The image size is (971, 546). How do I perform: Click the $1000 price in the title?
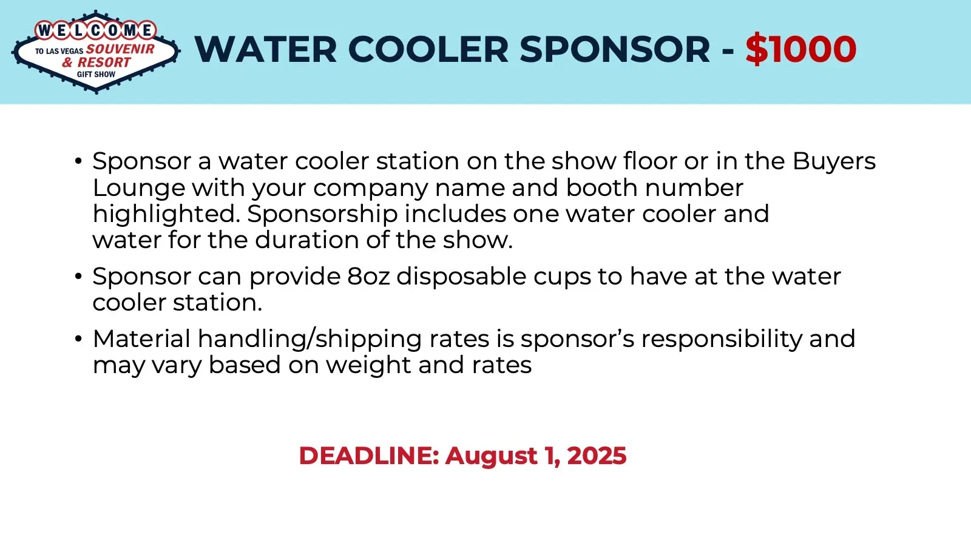[x=800, y=49]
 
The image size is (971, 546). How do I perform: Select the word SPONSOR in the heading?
[x=615, y=49]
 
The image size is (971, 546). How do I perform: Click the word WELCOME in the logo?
[x=95, y=30]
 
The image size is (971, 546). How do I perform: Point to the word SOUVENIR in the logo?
[x=120, y=49]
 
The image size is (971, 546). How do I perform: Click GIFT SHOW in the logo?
[x=96, y=75]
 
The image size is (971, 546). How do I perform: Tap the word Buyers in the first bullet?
[x=834, y=161]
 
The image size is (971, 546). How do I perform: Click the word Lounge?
[x=139, y=189]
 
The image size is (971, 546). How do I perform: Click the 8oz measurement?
[x=368, y=277]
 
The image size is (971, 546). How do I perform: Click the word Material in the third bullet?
[x=141, y=339]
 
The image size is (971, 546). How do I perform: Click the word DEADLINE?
[x=369, y=456]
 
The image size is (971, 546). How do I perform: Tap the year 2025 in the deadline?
[x=597, y=456]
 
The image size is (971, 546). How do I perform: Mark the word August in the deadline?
[x=491, y=457]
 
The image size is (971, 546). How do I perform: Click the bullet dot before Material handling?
[x=78, y=339]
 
